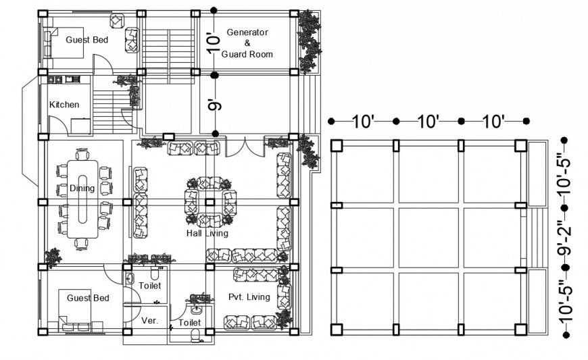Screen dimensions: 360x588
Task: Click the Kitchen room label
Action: [64, 105]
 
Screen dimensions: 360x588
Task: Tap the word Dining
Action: [82, 188]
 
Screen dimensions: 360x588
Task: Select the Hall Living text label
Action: [207, 233]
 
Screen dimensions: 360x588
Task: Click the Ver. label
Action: [149, 320]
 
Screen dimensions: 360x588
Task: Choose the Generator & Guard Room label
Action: [247, 43]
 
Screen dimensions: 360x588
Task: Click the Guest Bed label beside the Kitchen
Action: [87, 40]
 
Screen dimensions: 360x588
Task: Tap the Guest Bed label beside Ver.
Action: [87, 298]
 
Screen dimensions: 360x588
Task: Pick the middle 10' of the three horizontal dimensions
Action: [428, 122]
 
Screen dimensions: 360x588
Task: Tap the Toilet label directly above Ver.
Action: [149, 286]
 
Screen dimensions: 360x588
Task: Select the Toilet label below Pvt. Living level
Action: [190, 324]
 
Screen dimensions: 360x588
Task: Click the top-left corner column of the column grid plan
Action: [337, 145]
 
